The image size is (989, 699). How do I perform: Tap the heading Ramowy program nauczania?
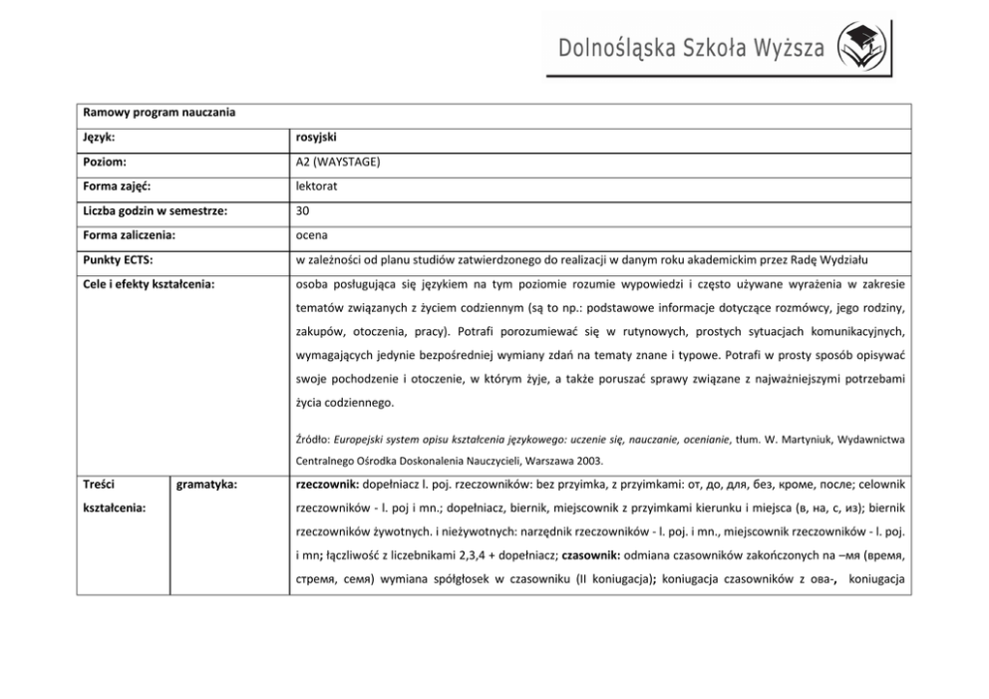pyautogui.click(x=160, y=113)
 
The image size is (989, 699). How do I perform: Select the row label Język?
pyautogui.click(x=102, y=137)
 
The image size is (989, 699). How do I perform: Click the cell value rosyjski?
pyautogui.click(x=316, y=137)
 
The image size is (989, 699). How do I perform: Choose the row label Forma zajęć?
pyautogui.click(x=117, y=186)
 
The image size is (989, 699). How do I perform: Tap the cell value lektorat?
pyautogui.click(x=318, y=186)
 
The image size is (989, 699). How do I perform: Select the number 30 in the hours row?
pyautogui.click(x=303, y=211)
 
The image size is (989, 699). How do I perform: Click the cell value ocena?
pyautogui.click(x=313, y=236)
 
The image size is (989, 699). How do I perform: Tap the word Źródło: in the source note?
pyautogui.click(x=313, y=437)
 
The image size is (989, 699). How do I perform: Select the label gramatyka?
pyautogui.click(x=205, y=487)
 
